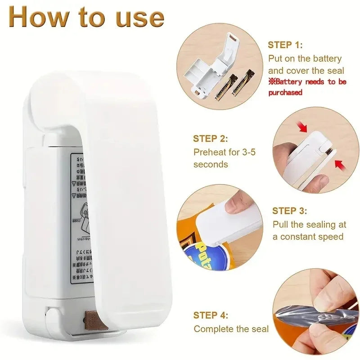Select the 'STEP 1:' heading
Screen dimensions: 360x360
click(x=285, y=45)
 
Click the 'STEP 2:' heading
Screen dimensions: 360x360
click(x=211, y=139)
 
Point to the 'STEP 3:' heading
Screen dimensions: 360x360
click(x=290, y=211)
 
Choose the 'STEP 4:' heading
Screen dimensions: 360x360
click(x=211, y=315)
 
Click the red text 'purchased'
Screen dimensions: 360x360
click(x=285, y=92)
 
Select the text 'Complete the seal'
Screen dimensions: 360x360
click(x=231, y=329)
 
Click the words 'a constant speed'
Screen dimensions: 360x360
click(x=308, y=237)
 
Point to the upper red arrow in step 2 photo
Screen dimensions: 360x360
click(x=303, y=127)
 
